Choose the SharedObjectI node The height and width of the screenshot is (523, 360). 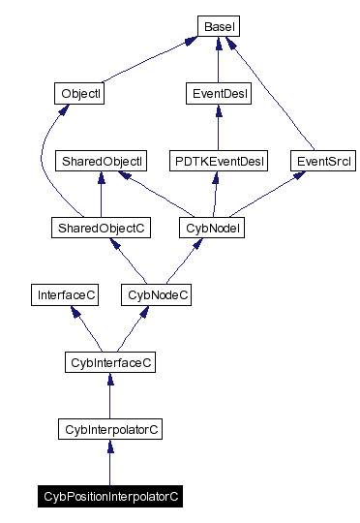pos(101,161)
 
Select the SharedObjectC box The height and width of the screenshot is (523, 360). pos(101,228)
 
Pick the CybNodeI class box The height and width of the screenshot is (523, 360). pos(212,228)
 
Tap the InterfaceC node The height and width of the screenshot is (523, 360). pos(64,294)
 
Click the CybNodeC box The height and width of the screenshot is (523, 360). pos(156,294)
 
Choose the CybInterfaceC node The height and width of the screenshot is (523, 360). pos(109,362)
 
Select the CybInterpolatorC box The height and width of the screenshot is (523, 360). pos(109,429)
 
